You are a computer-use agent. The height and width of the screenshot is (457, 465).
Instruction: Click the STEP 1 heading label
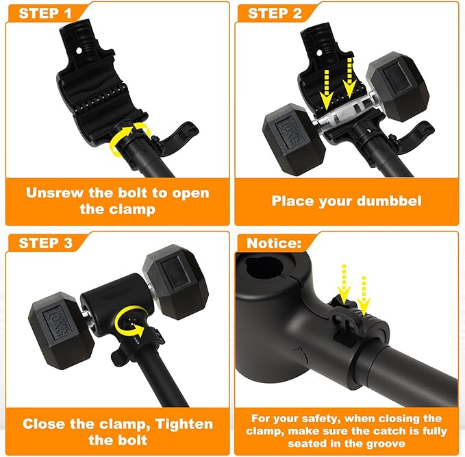click(45, 13)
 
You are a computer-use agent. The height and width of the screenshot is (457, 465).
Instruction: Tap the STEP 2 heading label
click(275, 13)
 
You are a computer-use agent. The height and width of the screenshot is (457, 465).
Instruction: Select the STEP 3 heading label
click(45, 243)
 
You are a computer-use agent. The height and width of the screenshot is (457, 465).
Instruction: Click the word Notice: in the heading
click(274, 243)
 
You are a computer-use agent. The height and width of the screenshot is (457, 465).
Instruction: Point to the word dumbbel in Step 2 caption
click(388, 201)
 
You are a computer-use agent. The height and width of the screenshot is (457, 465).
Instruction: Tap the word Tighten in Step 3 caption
click(184, 424)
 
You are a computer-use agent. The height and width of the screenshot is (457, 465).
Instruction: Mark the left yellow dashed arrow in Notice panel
click(344, 284)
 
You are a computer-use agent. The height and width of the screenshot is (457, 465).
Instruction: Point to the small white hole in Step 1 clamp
click(79, 51)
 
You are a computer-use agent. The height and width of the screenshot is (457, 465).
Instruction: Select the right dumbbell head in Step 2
click(397, 86)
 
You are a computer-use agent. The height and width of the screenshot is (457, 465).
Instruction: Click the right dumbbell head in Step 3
click(175, 282)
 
